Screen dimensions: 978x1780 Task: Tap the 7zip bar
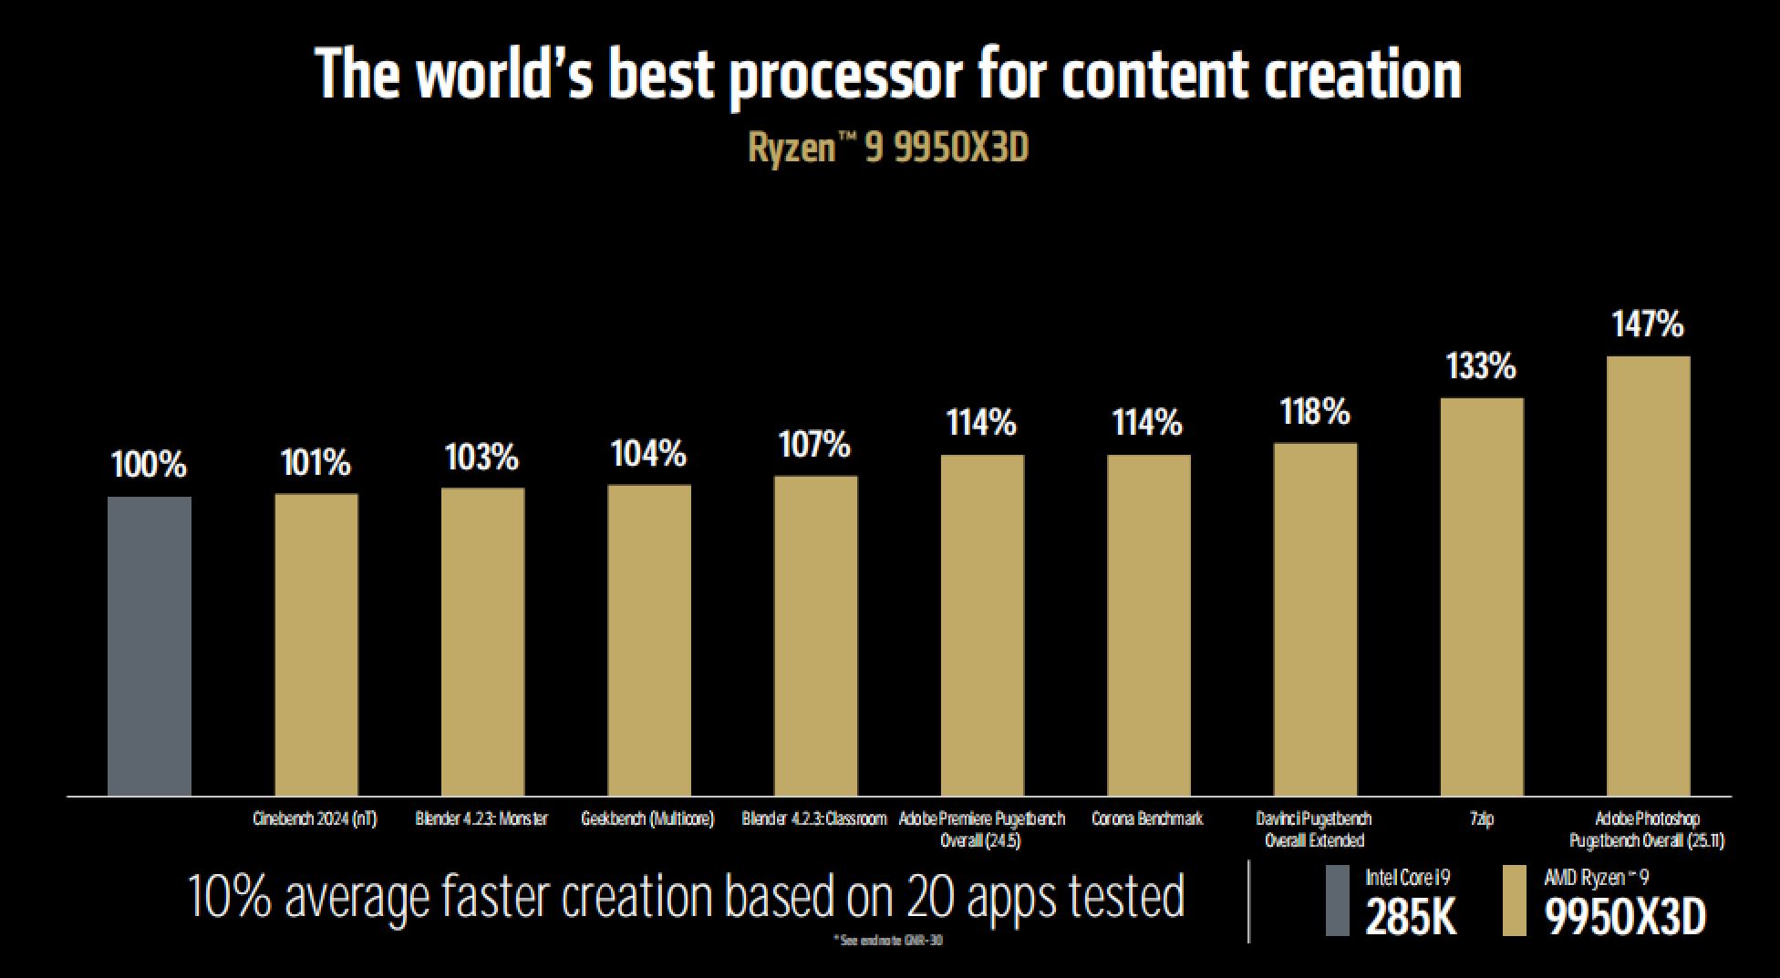1482,596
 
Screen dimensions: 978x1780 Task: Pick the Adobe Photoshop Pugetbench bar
1648,575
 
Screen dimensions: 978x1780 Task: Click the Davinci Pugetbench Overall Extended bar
1315,619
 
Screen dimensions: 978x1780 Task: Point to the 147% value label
1648,324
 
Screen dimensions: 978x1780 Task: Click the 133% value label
1481,366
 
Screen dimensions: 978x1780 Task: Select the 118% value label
1314,412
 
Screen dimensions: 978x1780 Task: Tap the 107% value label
814,445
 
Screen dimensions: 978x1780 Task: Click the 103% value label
481,457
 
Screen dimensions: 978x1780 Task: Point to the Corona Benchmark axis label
1147,818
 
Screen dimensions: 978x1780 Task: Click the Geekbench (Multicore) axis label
647,818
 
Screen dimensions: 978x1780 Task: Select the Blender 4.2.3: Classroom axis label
813,818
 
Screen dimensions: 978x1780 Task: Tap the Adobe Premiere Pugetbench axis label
981,829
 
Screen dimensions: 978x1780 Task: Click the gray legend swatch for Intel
1337,901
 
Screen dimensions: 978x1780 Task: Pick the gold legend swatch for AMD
1514,901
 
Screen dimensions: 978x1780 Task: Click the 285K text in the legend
1411,918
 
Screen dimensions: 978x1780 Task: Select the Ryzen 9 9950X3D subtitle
888,149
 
